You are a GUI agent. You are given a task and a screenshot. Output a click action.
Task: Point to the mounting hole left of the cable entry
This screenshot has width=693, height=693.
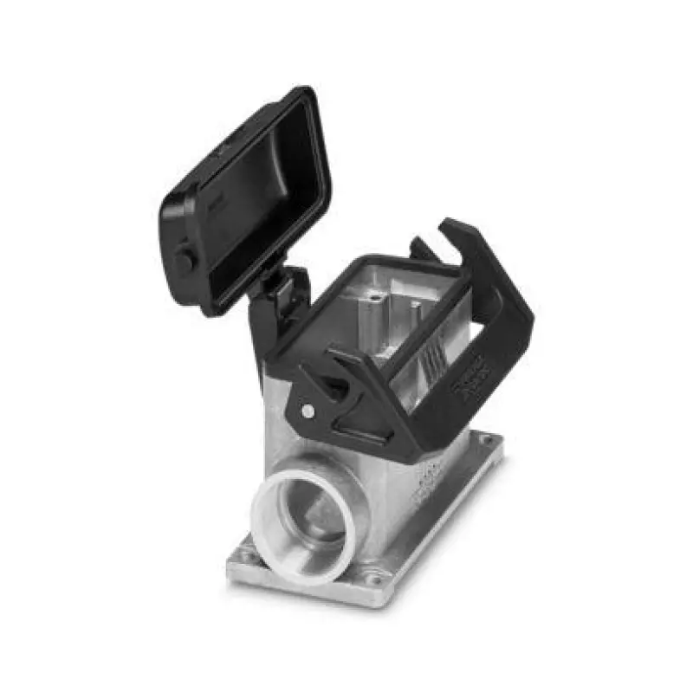(x=246, y=547)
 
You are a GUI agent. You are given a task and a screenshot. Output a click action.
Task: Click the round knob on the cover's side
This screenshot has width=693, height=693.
(x=183, y=259)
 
